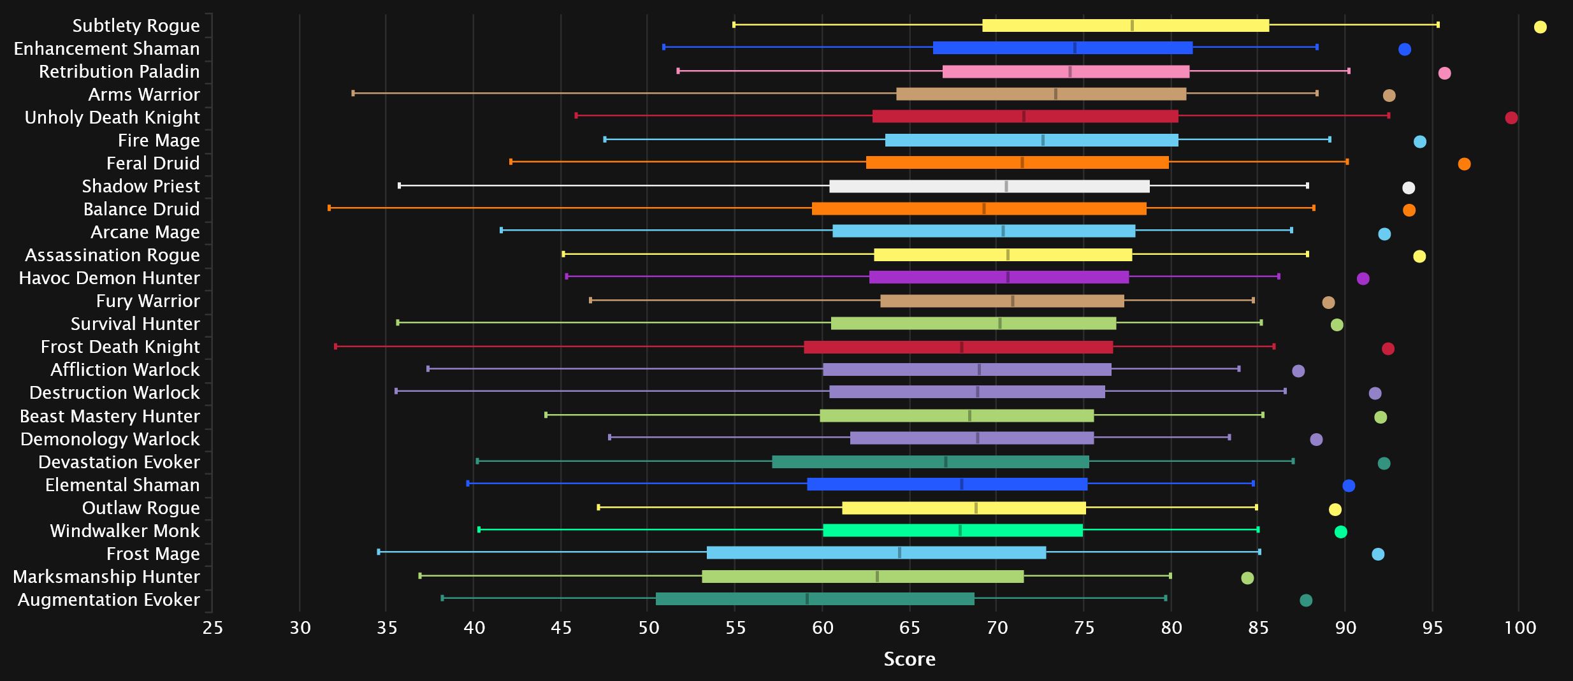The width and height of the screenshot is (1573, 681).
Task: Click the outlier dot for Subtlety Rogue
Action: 1540,27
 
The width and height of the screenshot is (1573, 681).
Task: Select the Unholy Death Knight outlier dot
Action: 1511,118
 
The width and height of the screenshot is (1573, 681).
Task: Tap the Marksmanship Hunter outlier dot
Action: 1247,578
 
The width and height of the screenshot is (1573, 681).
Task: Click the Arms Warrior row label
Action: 144,94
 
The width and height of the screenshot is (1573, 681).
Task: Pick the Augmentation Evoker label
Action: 109,599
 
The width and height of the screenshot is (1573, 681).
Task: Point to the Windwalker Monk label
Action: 125,531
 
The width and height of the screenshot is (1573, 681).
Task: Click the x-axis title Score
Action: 910,659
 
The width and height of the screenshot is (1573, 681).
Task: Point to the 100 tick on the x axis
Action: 1520,628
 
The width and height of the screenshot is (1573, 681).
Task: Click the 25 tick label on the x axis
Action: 213,628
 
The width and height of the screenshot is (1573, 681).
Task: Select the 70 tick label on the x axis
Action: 997,628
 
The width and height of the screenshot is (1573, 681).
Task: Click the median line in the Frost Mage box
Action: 899,552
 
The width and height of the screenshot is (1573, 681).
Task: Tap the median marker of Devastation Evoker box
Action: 946,462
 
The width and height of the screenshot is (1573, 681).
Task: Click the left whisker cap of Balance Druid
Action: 329,208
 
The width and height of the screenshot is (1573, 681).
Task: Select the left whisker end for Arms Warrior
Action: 353,93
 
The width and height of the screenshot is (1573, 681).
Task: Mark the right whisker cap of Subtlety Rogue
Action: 1438,25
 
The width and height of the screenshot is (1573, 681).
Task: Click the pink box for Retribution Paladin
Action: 1066,71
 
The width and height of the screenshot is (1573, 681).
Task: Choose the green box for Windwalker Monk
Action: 953,530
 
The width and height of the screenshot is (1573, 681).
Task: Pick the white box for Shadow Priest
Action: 989,186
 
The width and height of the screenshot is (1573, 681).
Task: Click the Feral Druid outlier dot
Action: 1464,164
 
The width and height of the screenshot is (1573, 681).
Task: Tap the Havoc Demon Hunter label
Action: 109,278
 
